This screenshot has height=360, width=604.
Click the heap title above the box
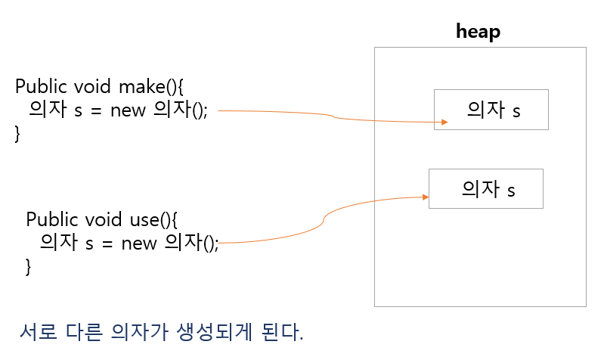click(x=478, y=32)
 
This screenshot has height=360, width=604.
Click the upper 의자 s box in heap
click(x=491, y=110)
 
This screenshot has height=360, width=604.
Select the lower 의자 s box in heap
click(x=485, y=188)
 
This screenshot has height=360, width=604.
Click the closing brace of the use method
click(x=29, y=266)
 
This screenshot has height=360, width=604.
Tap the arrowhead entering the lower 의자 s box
click(x=425, y=197)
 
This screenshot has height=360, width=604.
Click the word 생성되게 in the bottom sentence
click(x=206, y=333)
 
